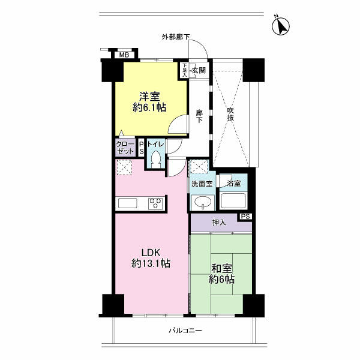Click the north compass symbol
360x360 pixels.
pos(280,25)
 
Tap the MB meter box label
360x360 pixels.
pos(124,55)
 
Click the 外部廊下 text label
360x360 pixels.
pos(175,37)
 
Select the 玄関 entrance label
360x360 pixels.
pos(199,71)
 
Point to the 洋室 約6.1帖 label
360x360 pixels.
pos(150,101)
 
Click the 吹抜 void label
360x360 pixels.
pos(230,115)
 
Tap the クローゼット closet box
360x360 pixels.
pos(125,148)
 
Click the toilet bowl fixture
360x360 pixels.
pos(156,158)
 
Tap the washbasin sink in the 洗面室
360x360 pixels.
pos(202,202)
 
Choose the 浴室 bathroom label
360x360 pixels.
pos(233,184)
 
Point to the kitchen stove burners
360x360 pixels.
pos(156,203)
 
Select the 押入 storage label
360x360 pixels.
pos(219,223)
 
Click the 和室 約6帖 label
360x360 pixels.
pos(221,274)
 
